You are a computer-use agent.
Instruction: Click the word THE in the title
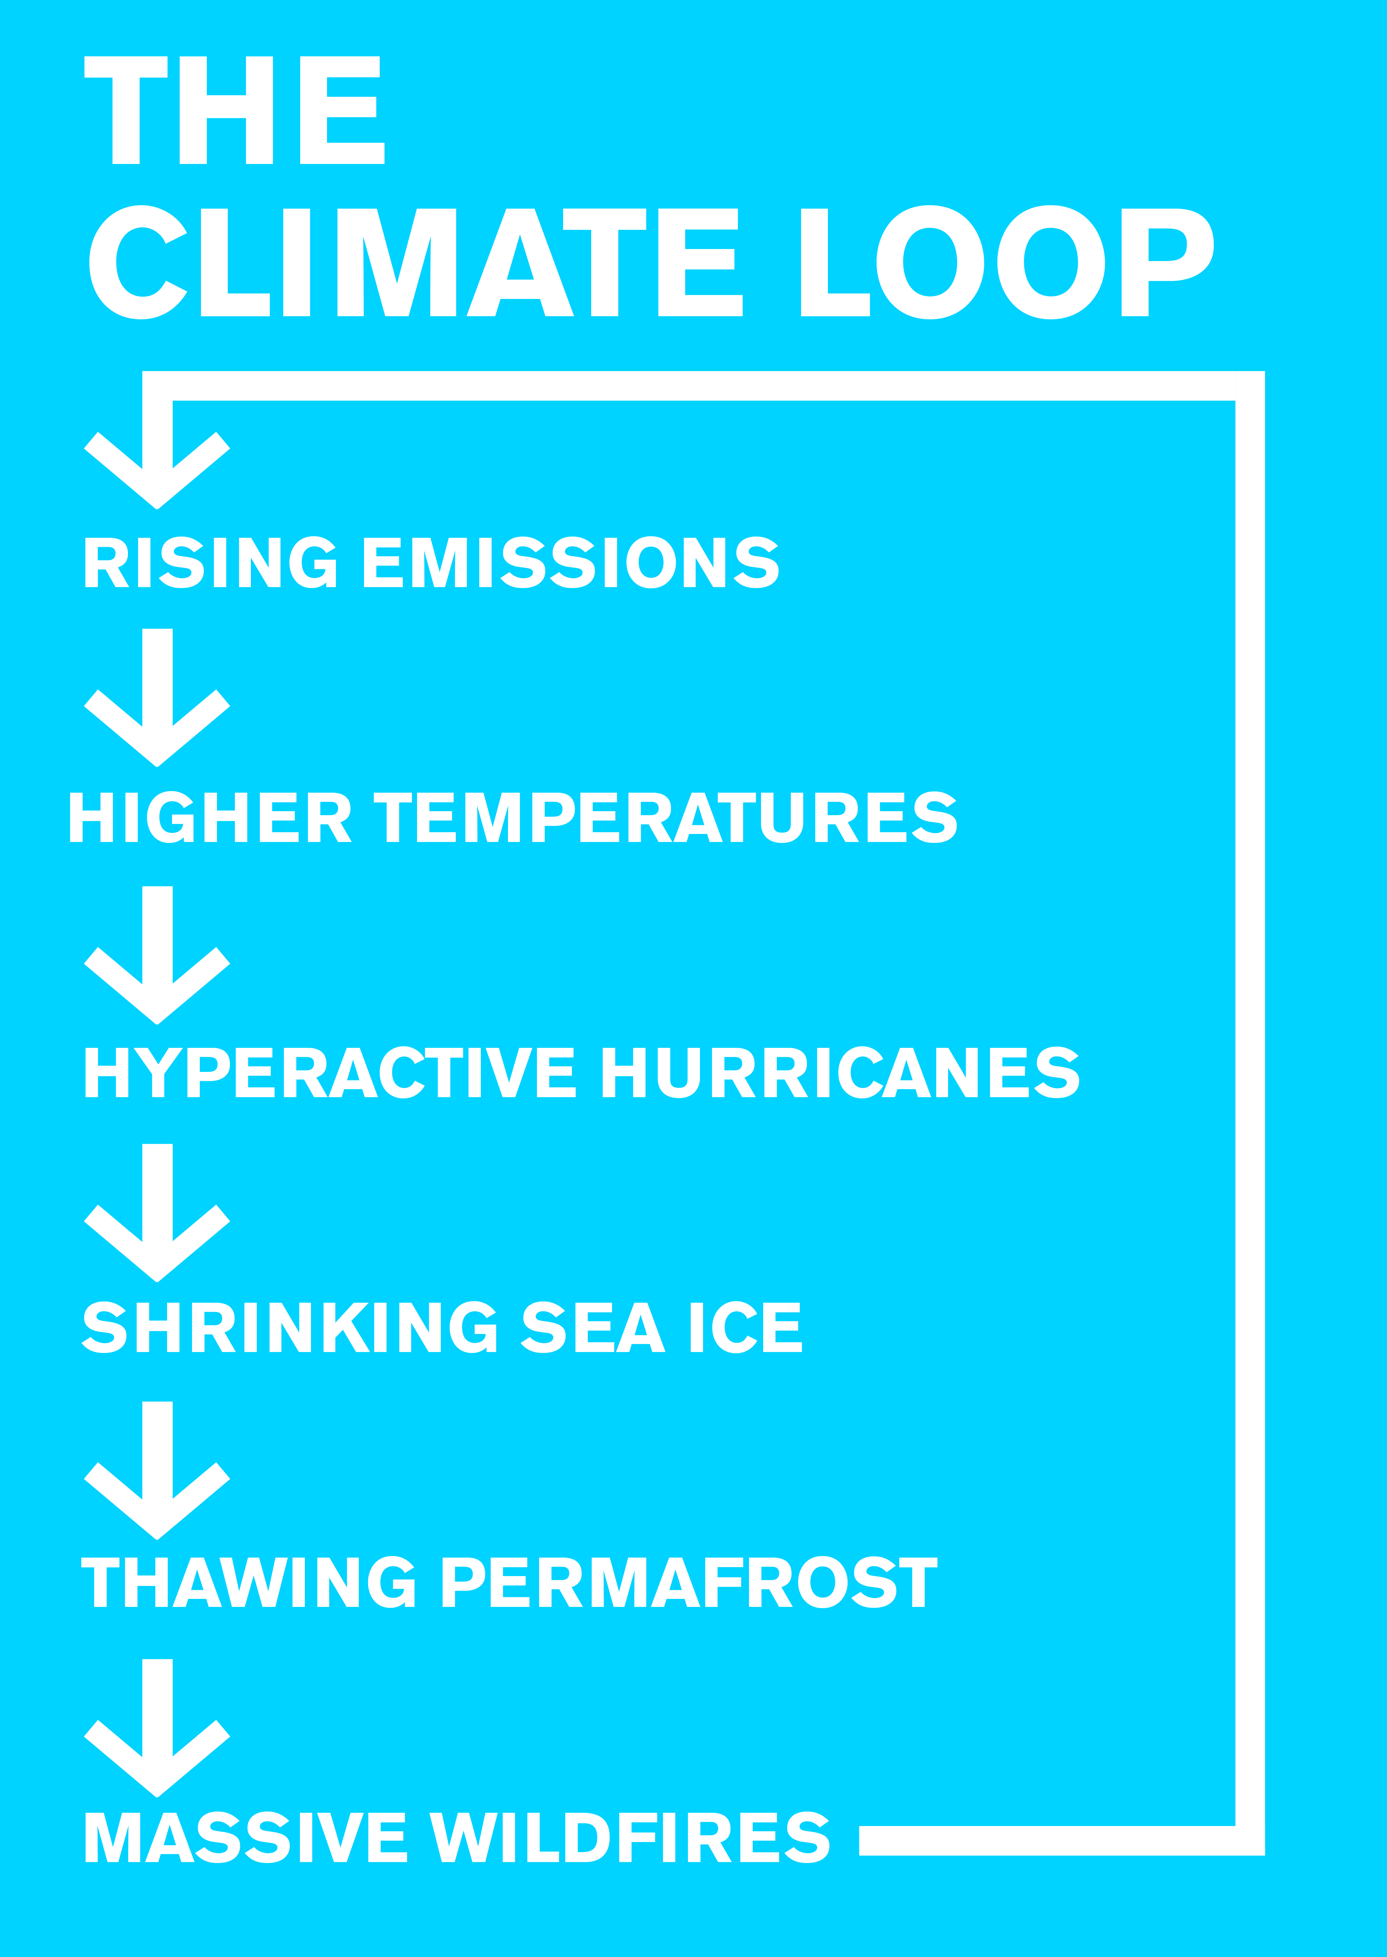(235, 110)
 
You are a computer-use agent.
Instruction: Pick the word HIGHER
(210, 817)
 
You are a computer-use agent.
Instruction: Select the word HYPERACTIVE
(330, 1072)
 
